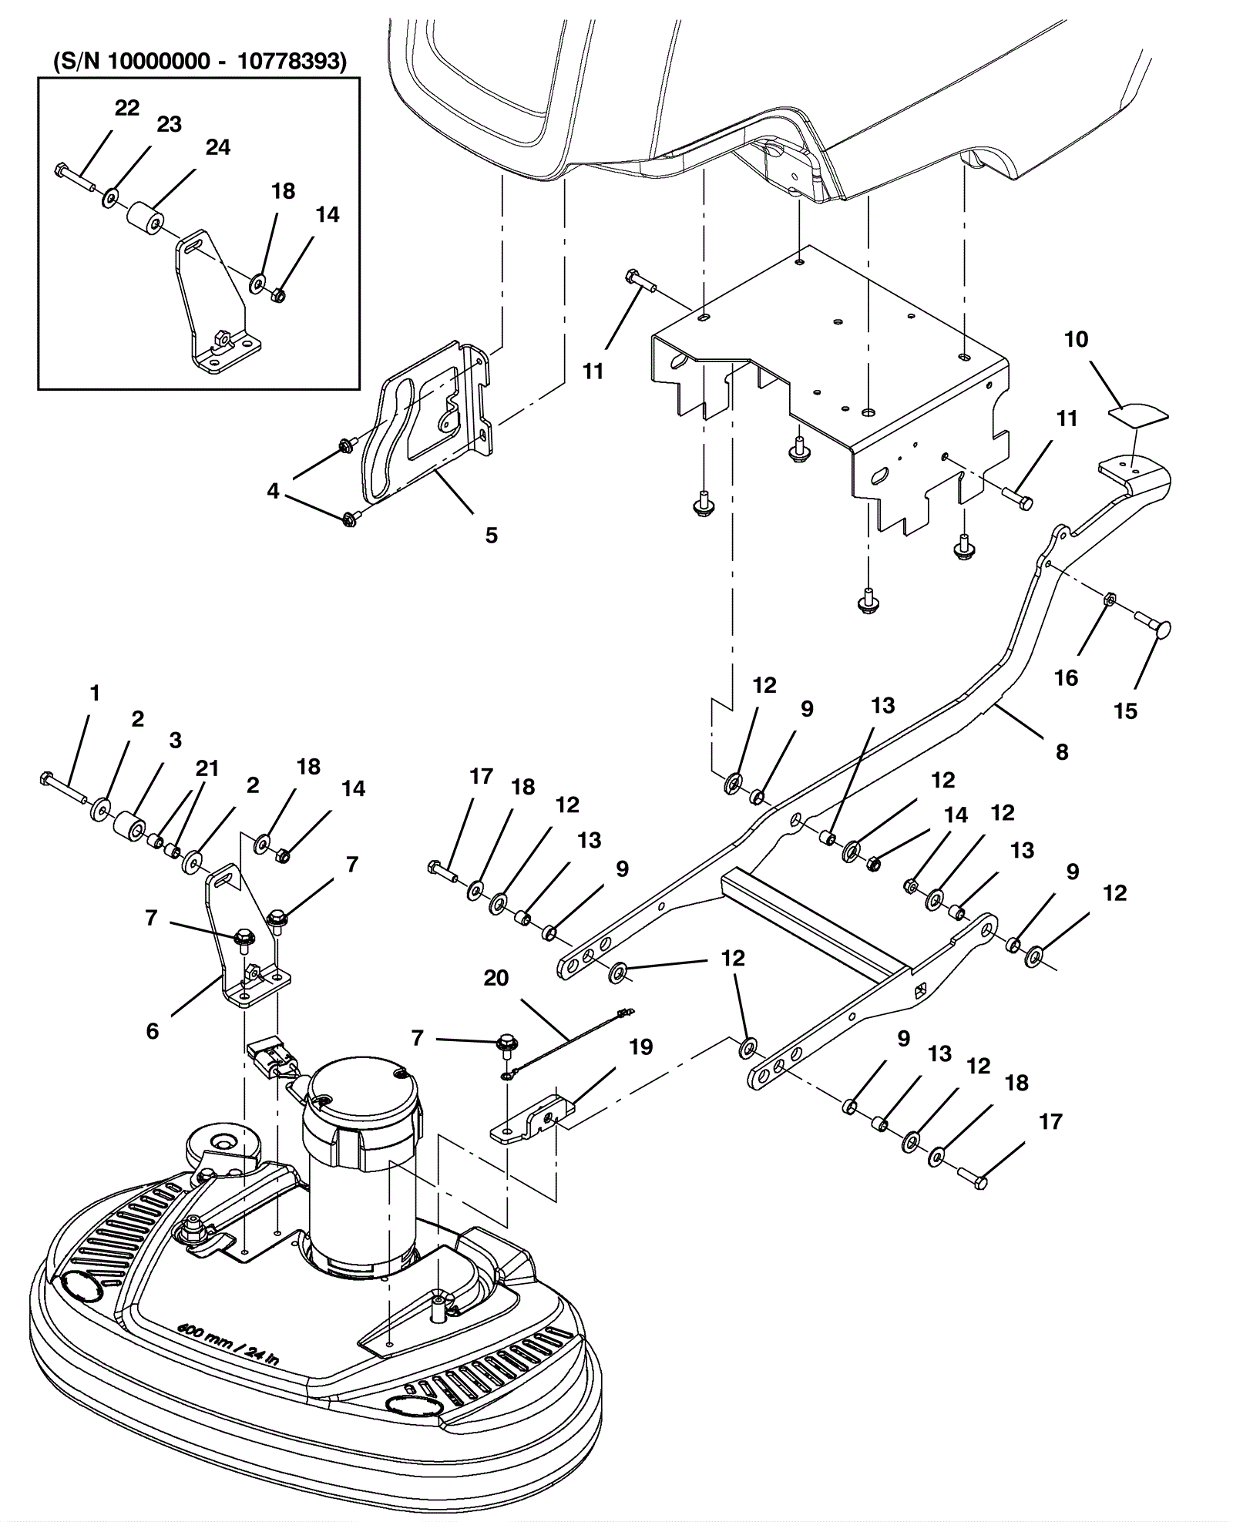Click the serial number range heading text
(x=200, y=61)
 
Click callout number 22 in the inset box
(x=127, y=108)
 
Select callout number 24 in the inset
(x=218, y=147)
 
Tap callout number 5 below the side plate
(x=492, y=535)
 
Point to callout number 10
(x=1076, y=339)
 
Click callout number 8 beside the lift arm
(x=1062, y=752)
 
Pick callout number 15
(x=1125, y=711)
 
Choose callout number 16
(x=1066, y=677)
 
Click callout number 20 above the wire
(x=496, y=978)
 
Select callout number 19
(x=641, y=1047)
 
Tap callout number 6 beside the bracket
(x=153, y=1030)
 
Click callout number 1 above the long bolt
(x=95, y=694)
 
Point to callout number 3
(x=175, y=741)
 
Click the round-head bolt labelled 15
(x=1153, y=627)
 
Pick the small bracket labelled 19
(x=533, y=1118)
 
